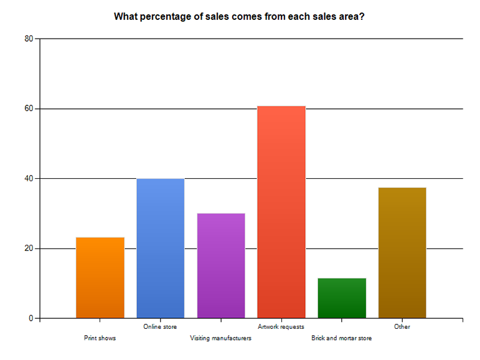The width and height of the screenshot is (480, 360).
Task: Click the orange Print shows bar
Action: (100, 278)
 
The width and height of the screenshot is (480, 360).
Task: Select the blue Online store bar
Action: (161, 248)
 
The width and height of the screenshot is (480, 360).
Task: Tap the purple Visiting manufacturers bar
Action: (221, 265)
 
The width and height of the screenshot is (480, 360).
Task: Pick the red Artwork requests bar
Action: (281, 212)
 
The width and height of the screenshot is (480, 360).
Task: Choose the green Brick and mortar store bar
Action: (342, 298)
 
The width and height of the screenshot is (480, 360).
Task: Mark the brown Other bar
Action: (402, 253)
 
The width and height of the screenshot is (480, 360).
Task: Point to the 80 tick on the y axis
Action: (29, 39)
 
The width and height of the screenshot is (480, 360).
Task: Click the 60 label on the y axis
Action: (29, 108)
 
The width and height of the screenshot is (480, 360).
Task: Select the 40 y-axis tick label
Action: (29, 178)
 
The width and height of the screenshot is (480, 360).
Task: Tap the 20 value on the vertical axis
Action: (29, 248)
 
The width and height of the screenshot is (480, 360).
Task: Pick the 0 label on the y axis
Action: (31, 318)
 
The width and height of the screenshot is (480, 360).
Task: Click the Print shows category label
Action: (100, 338)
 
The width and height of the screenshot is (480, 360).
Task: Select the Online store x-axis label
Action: (160, 326)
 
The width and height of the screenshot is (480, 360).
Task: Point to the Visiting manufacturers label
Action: (221, 338)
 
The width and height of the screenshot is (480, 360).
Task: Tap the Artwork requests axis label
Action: (281, 326)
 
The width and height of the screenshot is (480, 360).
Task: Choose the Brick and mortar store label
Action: (342, 338)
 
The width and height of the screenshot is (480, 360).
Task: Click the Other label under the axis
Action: (402, 326)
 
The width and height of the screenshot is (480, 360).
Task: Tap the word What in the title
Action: (126, 17)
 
